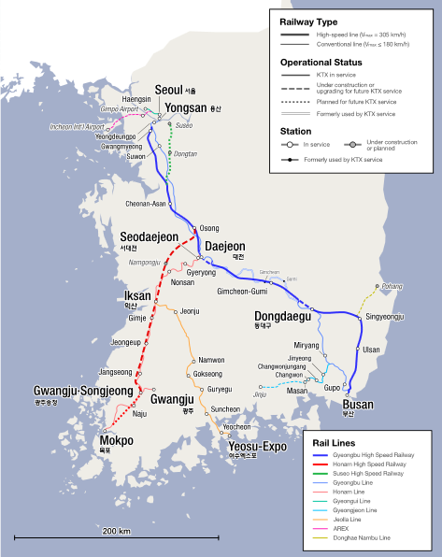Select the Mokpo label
116,440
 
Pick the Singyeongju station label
384,318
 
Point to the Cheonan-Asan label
146,204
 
